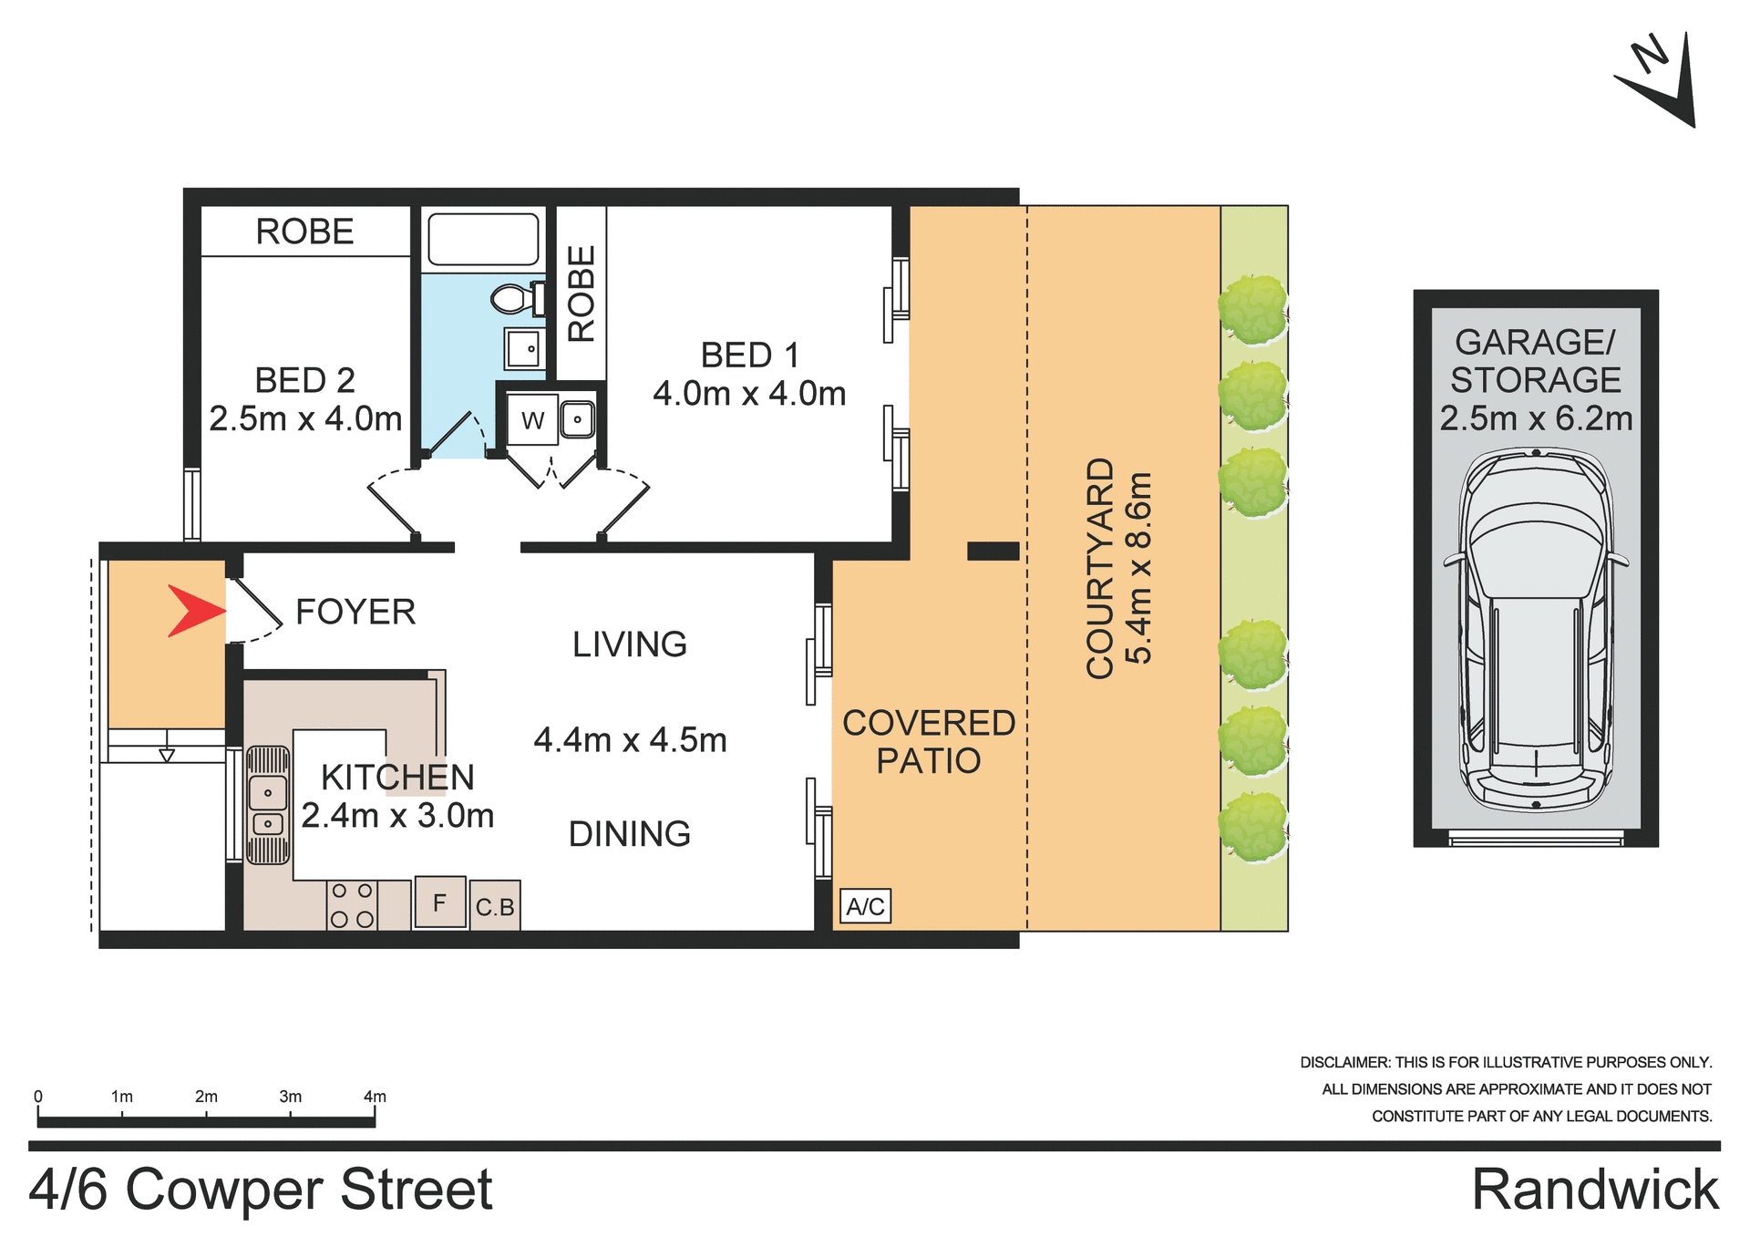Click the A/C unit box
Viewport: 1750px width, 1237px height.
click(865, 906)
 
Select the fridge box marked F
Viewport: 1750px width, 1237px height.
click(440, 902)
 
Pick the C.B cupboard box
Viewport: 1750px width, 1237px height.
click(495, 906)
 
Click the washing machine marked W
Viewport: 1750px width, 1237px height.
click(532, 420)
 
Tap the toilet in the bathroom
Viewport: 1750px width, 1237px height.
click(514, 298)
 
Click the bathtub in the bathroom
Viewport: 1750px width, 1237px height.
click(483, 240)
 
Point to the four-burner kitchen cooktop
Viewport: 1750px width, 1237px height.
click(352, 905)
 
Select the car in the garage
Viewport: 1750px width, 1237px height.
click(1536, 629)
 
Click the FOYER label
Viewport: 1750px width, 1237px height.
click(355, 612)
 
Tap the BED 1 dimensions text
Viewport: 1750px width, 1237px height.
click(749, 394)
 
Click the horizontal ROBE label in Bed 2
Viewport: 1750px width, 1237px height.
click(304, 232)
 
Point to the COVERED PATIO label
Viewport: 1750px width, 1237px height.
click(928, 741)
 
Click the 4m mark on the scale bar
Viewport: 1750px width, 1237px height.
click(375, 1098)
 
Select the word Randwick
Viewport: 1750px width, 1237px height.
click(1594, 1190)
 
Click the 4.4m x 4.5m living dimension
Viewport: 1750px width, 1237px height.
click(630, 740)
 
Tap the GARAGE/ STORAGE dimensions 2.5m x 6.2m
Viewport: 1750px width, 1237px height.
click(1536, 418)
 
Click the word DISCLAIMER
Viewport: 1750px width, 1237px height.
click(1344, 1063)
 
